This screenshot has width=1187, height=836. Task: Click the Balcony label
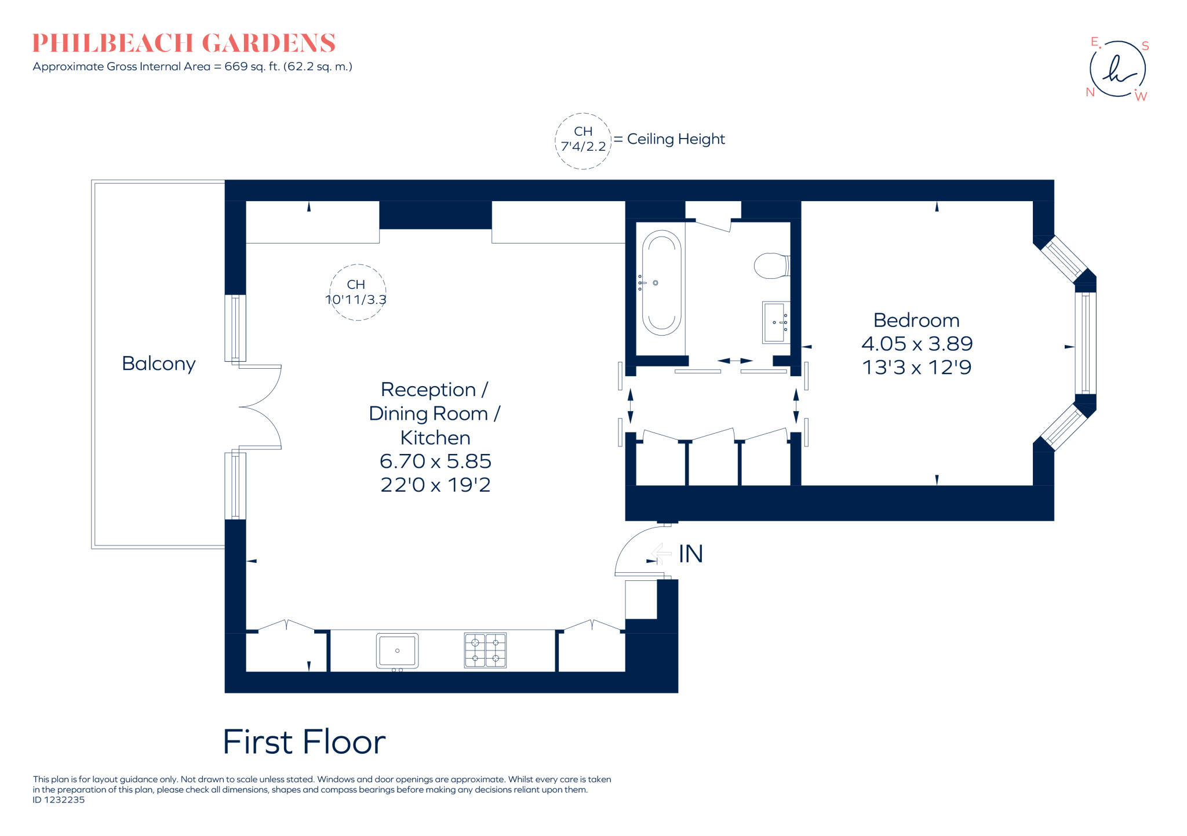[x=158, y=364]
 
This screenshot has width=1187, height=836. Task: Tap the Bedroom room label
[x=916, y=320]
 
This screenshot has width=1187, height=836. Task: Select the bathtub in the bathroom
[x=661, y=283]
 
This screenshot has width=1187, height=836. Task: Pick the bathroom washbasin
[x=775, y=322]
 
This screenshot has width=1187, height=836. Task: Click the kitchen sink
[x=397, y=650]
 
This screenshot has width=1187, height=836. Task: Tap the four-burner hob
[x=485, y=650]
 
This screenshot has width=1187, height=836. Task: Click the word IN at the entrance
[x=690, y=554]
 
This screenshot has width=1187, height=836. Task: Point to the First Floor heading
[x=304, y=742]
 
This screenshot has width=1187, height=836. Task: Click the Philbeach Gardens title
[x=184, y=43]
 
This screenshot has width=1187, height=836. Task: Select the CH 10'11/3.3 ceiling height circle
[x=357, y=292]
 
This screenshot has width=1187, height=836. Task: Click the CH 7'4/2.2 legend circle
[x=582, y=140]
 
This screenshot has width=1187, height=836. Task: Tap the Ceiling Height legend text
[x=675, y=139]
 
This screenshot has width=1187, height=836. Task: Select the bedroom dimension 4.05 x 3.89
[x=916, y=344]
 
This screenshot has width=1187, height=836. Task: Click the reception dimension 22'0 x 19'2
[x=435, y=485]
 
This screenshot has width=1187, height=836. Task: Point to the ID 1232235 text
[x=59, y=800]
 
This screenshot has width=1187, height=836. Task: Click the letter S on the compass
[x=1145, y=46]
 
